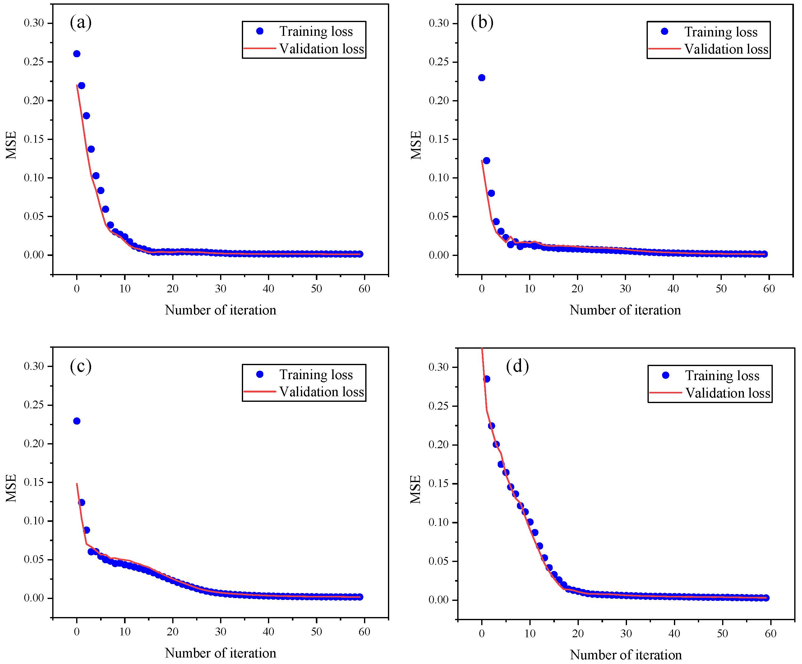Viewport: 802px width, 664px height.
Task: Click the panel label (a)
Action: click(x=81, y=22)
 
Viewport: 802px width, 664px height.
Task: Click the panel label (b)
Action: click(x=482, y=22)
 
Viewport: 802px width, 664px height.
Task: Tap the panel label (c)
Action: click(x=81, y=366)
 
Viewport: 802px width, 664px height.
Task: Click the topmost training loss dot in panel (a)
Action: click(x=77, y=54)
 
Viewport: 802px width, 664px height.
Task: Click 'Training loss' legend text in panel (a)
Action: click(x=316, y=31)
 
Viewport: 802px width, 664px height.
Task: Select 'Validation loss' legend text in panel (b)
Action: click(x=726, y=49)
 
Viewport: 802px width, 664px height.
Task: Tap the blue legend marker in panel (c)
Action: click(x=260, y=374)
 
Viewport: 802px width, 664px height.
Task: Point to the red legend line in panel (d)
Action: click(x=665, y=392)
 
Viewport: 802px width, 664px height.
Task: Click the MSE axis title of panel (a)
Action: click(x=11, y=145)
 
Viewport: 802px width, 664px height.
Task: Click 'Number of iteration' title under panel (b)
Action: click(x=625, y=310)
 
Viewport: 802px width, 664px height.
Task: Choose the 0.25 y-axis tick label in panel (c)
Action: click(x=34, y=405)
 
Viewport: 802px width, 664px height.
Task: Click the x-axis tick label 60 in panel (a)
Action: click(x=364, y=289)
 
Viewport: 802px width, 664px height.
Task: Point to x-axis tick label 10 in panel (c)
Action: click(x=125, y=632)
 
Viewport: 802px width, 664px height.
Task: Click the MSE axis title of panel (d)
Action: click(x=416, y=490)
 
